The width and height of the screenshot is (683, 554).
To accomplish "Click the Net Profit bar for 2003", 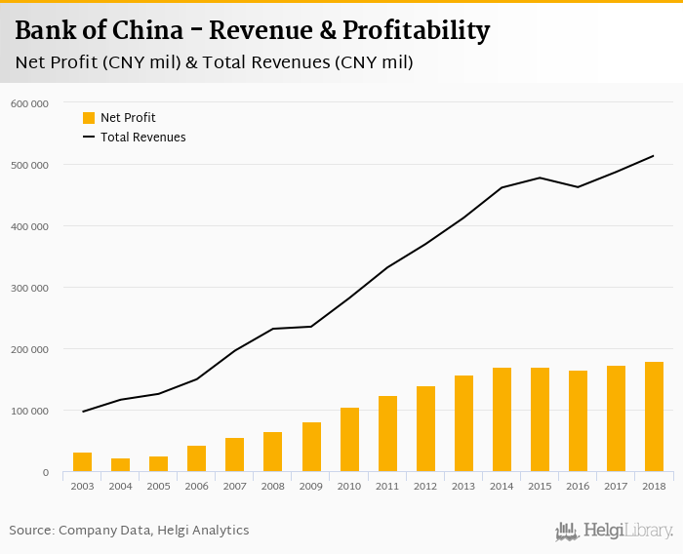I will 82,462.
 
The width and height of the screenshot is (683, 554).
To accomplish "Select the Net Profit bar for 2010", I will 349,440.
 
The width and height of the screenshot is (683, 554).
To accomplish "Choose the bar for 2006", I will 197,459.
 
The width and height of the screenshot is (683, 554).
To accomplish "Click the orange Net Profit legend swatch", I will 89,118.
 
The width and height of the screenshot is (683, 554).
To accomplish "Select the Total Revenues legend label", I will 142,138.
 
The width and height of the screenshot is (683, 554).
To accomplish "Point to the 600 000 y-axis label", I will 30,102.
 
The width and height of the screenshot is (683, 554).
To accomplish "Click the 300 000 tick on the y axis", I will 30,288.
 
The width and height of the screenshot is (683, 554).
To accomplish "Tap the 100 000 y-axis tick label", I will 30,411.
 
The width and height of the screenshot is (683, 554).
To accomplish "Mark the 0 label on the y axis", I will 45,473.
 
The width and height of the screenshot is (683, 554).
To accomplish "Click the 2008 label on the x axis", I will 273,487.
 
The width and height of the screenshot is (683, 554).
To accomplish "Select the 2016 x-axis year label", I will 578,487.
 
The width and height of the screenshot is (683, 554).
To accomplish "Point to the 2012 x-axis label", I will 425,487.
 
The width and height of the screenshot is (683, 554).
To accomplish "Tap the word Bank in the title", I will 47,31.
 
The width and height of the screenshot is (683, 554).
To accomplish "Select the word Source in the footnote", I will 31,531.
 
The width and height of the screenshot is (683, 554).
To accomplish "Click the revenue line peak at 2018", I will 654,156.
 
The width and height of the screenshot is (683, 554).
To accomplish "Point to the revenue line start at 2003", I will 82,412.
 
